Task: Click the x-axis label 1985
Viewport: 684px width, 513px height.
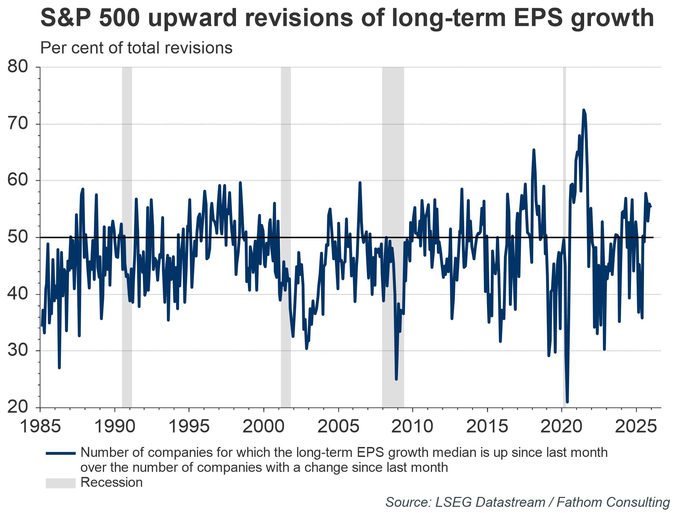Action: coord(41,426)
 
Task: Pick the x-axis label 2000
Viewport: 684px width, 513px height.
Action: coord(264,426)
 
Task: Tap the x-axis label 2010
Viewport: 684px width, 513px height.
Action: coord(413,426)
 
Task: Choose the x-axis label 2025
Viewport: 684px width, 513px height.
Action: coord(636,426)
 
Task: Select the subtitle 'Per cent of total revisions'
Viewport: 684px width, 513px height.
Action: coord(136,48)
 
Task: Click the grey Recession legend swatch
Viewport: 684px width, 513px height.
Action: coord(61,483)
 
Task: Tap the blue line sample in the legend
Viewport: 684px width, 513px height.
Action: coord(61,453)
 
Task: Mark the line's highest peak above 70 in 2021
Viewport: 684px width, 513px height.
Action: coord(583,110)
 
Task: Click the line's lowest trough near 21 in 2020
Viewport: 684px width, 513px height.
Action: coord(567,402)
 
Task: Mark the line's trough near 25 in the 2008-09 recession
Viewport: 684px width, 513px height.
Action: coord(396,379)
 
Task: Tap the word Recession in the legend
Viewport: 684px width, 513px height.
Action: coord(111,483)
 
